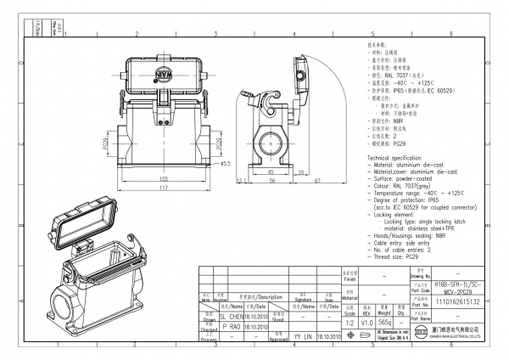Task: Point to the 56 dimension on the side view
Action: pos(273,180)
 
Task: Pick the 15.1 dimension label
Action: pos(241,180)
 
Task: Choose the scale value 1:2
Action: pos(346,323)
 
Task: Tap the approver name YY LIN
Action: pos(303,337)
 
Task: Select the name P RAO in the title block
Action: pos(231,326)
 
